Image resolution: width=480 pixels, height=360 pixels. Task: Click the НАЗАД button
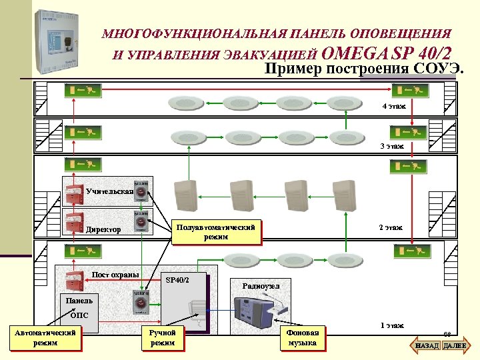point(427,346)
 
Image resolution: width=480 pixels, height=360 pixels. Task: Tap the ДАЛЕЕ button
point(456,346)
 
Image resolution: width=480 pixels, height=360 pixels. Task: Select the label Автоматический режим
point(45,337)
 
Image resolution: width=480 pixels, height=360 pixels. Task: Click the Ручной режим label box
point(163,337)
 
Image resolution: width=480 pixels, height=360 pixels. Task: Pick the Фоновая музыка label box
point(302,337)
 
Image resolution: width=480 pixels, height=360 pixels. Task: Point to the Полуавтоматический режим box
point(216,232)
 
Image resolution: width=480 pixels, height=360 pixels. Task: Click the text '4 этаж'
point(393,107)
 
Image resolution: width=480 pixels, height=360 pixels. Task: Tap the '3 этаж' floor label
point(392,145)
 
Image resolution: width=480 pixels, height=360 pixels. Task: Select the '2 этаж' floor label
point(391,227)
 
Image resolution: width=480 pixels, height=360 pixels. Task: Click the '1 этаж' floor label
point(391,325)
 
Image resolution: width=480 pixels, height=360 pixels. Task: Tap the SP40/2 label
point(177,279)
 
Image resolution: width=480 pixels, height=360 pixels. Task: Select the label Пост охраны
point(115,275)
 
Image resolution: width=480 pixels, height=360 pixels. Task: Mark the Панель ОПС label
point(79,307)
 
